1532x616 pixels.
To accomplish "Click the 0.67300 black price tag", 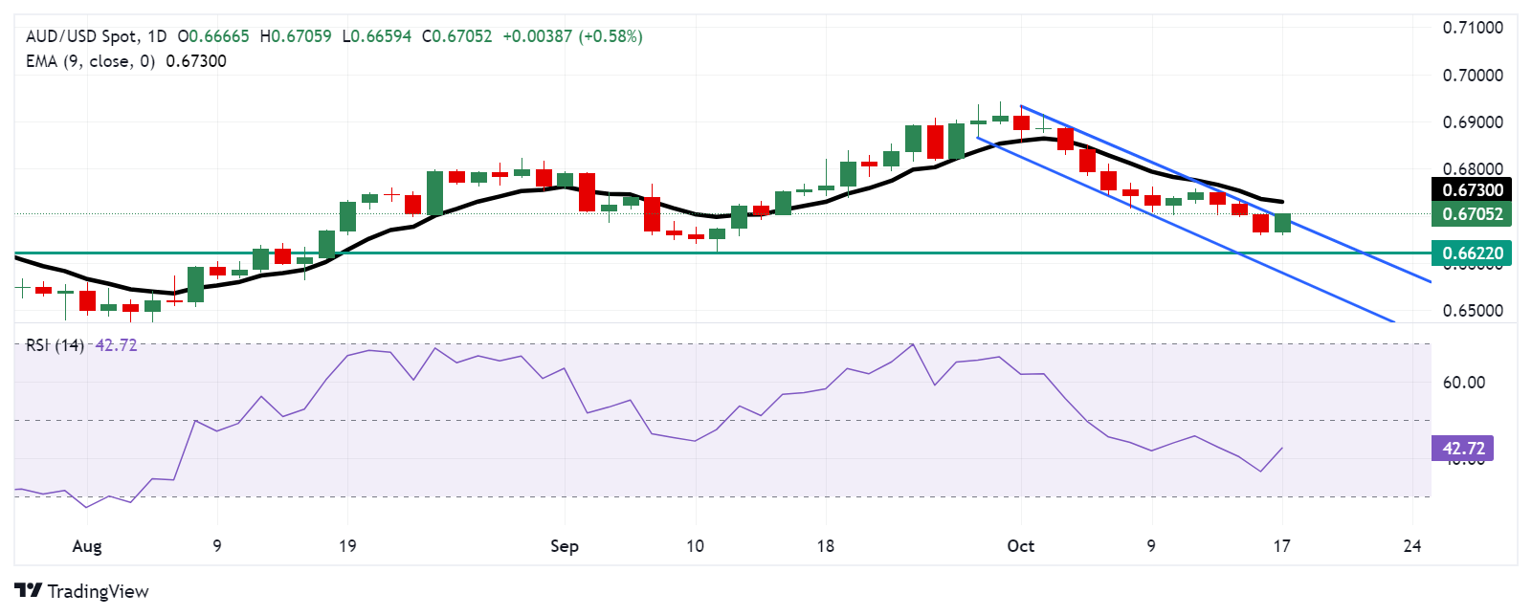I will click(1472, 189).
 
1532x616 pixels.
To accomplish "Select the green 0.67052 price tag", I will click(1472, 214).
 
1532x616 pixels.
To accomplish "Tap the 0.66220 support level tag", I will click(1472, 253).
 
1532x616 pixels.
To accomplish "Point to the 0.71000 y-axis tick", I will click(1473, 28).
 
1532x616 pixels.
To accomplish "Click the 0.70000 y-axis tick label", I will click(1473, 76).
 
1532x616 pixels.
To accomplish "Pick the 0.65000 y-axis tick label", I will click(1473, 311).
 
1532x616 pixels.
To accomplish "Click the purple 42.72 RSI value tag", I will click(1462, 449).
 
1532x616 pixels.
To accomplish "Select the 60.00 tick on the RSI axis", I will click(1463, 383).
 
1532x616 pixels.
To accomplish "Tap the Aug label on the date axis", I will click(87, 546).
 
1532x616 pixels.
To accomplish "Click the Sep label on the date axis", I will click(565, 546).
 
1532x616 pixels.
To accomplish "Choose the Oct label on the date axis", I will click(1021, 546).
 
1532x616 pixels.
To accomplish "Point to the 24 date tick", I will click(1412, 546).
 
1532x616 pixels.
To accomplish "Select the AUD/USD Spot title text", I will click(81, 36).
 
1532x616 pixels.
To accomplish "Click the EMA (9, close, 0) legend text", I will click(90, 61).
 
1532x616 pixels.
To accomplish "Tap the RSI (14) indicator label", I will click(55, 345).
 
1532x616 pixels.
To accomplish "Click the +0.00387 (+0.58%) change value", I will click(572, 36).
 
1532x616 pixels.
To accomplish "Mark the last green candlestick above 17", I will click(1282, 223).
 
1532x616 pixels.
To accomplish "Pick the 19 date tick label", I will click(347, 546).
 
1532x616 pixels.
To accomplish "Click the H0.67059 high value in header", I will click(296, 36).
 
